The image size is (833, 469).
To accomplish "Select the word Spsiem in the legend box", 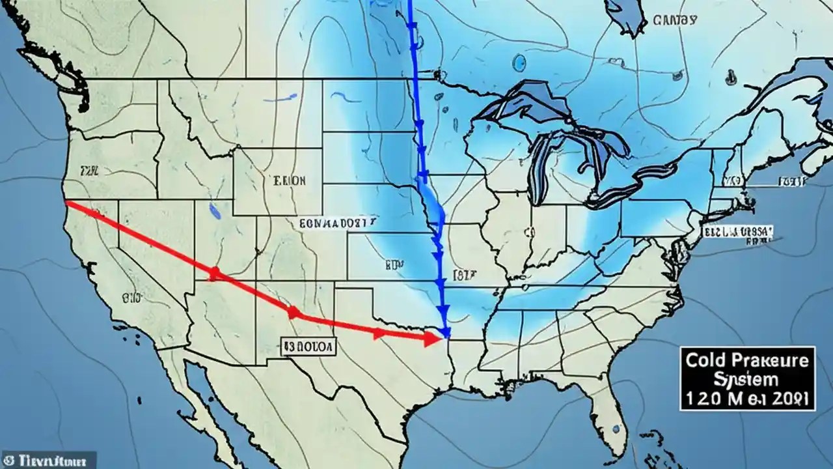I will tap(746, 378).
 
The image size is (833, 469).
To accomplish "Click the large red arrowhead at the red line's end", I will tap(430, 338).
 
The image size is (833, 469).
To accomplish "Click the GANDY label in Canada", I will tap(675, 21).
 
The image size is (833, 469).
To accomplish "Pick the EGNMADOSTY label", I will tap(338, 223).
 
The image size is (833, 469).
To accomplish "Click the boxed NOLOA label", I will tap(308, 347).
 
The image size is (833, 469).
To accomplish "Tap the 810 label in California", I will tap(130, 299).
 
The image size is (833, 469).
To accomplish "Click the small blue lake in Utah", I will tap(213, 210).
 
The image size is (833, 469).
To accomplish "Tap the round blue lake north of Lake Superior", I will tap(519, 63).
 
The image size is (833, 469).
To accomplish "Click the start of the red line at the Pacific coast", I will tap(68, 203).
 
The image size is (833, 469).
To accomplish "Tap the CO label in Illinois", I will tap(528, 231).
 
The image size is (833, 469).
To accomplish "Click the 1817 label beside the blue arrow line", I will tap(465, 275).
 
